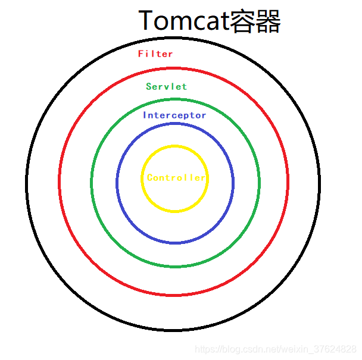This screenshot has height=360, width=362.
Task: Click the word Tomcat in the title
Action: tap(183, 21)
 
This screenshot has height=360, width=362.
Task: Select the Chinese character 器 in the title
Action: tap(268, 21)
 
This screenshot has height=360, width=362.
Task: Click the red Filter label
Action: tap(155, 54)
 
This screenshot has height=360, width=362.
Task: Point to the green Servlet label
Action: tap(166, 86)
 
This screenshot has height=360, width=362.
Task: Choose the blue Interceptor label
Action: tap(174, 115)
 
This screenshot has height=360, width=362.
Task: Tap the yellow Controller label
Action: tap(176, 177)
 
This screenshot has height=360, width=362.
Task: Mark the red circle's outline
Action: tap(60, 181)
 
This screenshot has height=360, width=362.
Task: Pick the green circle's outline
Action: tap(92, 181)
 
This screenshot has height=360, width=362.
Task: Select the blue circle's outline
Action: tap(117, 181)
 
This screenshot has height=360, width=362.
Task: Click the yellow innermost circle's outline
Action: tap(142, 179)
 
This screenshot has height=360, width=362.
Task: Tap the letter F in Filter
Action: tap(141, 54)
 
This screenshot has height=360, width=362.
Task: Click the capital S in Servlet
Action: tap(149, 86)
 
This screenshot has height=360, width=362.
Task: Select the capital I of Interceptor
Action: tap(145, 115)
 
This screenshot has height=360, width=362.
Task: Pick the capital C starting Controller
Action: tap(150, 177)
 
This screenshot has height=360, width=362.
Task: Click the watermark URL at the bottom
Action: tap(276, 349)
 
